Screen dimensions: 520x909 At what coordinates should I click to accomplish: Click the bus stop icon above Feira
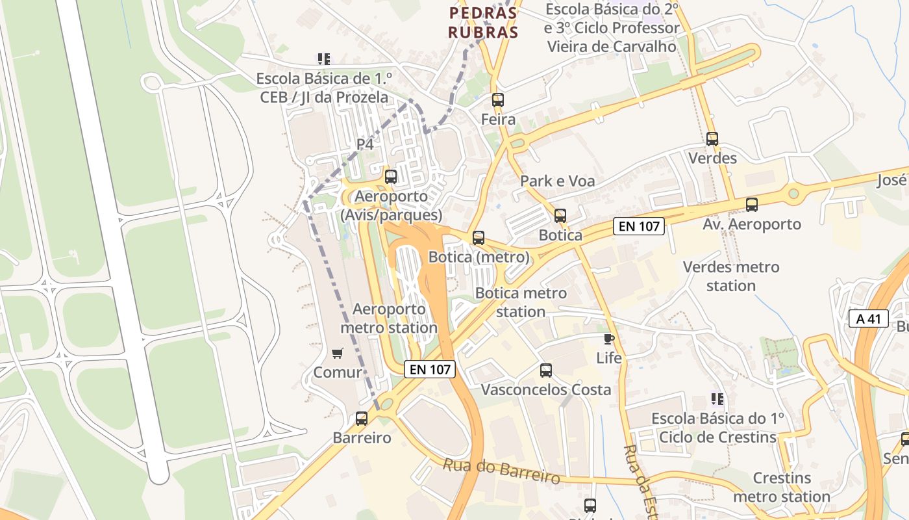[497, 100]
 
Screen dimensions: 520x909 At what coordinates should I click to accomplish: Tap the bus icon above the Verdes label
[712, 138]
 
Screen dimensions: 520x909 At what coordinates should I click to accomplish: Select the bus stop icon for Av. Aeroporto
[752, 205]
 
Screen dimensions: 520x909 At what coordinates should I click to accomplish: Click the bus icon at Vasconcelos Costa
[546, 370]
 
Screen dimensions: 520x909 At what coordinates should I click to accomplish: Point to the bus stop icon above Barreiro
[362, 419]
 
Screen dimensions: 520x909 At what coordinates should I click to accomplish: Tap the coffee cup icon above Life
[608, 339]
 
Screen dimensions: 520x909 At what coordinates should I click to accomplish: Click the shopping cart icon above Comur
[337, 353]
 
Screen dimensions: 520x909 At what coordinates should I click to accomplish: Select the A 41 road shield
[868, 318]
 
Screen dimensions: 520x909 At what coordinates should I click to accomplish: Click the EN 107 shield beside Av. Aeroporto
[639, 226]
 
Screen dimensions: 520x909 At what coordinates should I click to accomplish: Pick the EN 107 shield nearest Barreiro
[429, 369]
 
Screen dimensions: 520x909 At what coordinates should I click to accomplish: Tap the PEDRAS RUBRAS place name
[484, 23]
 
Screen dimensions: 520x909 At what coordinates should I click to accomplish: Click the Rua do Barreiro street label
[501, 471]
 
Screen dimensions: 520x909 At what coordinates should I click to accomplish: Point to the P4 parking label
[365, 144]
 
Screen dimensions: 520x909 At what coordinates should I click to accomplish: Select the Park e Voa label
[557, 181]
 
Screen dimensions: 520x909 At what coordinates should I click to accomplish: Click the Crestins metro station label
[782, 487]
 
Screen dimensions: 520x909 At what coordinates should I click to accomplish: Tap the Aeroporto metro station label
[389, 318]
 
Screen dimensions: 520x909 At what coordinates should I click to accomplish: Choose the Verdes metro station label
[731, 276]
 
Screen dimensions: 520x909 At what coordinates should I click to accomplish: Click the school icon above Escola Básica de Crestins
[717, 398]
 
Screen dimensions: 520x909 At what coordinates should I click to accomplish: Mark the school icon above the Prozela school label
[323, 59]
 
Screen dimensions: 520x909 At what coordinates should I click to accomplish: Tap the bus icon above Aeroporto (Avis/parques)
[391, 176]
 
